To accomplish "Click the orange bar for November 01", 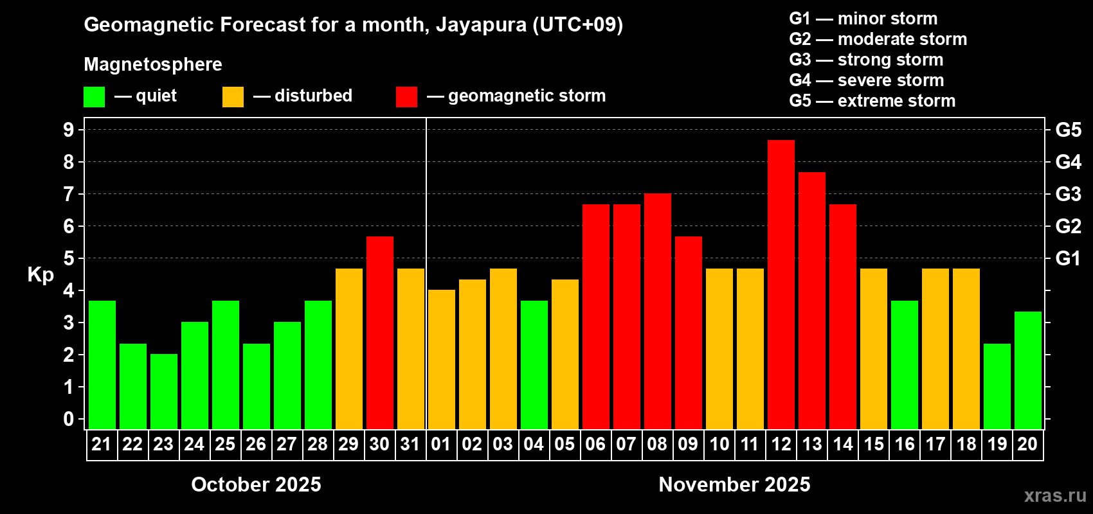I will [441, 359].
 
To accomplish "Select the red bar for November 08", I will [657, 311].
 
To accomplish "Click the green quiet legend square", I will [94, 97].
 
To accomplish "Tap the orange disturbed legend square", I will [233, 97].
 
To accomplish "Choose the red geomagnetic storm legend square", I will [406, 97].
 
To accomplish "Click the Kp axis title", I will [41, 274].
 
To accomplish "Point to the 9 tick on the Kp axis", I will [69, 130].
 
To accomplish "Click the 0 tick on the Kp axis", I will [69, 420].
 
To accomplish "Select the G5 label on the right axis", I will [1068, 130].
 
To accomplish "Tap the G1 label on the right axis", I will [1068, 258].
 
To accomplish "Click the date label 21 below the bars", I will [102, 444].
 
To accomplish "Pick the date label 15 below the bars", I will [873, 444].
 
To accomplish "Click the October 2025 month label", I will [256, 484].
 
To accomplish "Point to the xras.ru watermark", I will [1054, 495].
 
